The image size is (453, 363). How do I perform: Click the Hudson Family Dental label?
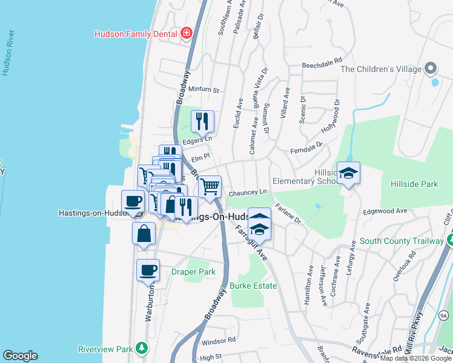(136, 34)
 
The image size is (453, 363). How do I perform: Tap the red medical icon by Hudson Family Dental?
(187, 33)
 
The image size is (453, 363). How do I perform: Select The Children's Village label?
(380, 69)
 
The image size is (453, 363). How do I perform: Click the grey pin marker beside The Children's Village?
(431, 68)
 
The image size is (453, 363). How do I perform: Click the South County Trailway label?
(402, 241)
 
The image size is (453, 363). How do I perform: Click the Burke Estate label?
(253, 286)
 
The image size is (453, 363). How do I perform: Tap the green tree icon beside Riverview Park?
(141, 348)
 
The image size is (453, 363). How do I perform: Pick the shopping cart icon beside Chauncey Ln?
(210, 187)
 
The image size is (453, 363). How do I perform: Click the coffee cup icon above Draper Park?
(148, 270)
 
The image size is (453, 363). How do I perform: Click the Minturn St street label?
(203, 90)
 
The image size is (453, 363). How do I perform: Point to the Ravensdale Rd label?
(379, 350)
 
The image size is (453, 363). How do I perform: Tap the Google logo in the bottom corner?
(20, 356)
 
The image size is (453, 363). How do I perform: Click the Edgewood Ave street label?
(385, 211)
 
